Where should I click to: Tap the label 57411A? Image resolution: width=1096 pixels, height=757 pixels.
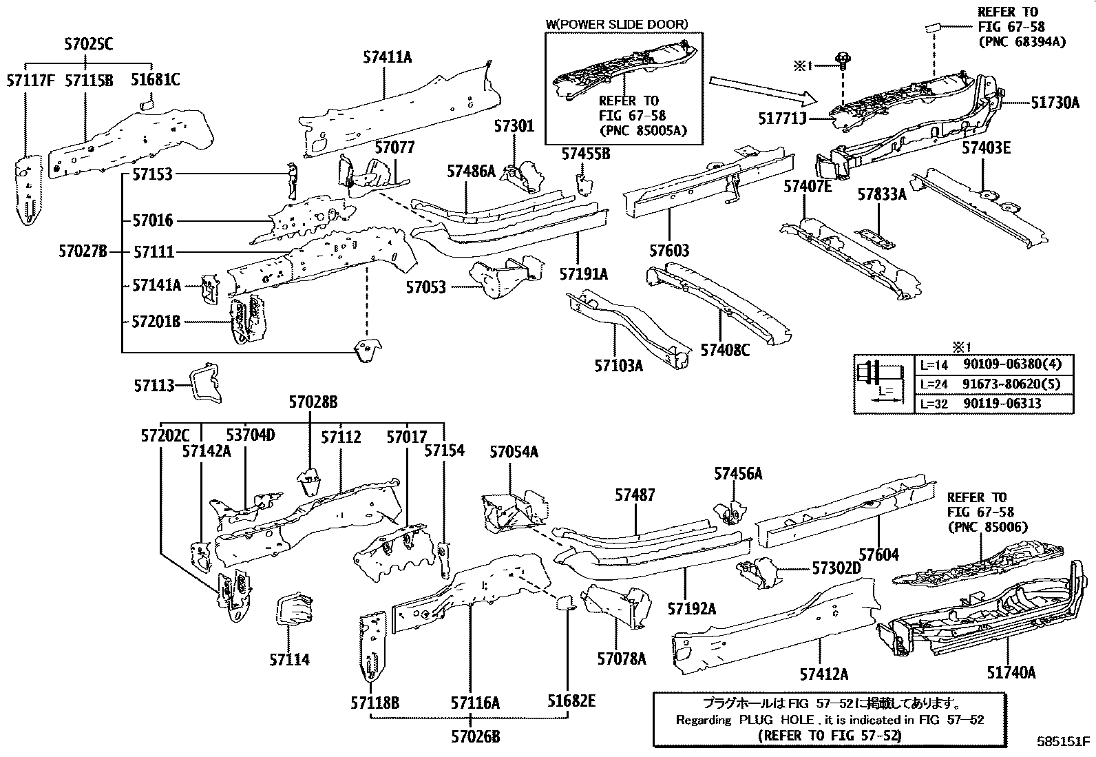(387, 57)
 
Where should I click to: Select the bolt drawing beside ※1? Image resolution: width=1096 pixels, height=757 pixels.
(841, 61)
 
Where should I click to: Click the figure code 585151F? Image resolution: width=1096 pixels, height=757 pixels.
(1064, 742)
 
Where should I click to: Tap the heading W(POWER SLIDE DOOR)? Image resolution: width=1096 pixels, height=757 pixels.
(617, 24)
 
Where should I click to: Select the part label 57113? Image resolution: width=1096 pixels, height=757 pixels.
(154, 386)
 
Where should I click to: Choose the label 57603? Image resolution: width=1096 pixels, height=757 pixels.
(668, 250)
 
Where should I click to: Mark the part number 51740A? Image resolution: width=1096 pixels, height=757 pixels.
(1011, 672)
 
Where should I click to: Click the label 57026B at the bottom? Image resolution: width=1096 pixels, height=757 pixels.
(475, 736)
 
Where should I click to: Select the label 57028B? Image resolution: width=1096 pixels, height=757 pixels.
(313, 402)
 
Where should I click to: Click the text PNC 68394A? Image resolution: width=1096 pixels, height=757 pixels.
(1022, 42)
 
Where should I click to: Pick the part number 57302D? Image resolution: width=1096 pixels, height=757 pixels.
(836, 568)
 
